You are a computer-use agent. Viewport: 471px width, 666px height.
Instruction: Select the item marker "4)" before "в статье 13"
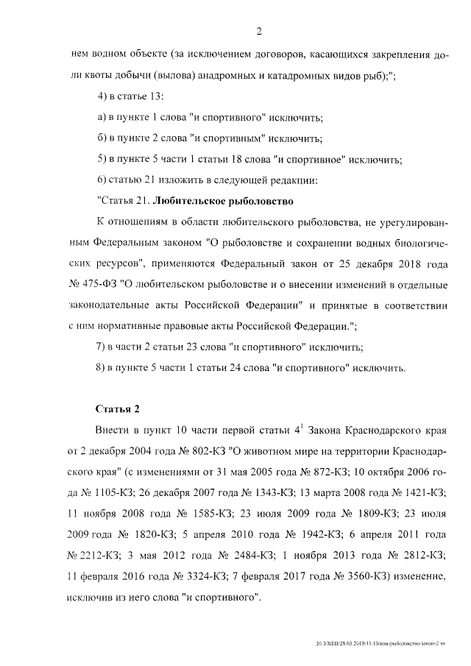click(102, 97)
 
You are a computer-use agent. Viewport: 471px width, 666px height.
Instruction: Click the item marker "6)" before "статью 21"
click(102, 180)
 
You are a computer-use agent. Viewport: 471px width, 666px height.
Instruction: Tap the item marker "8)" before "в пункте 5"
click(102, 366)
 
